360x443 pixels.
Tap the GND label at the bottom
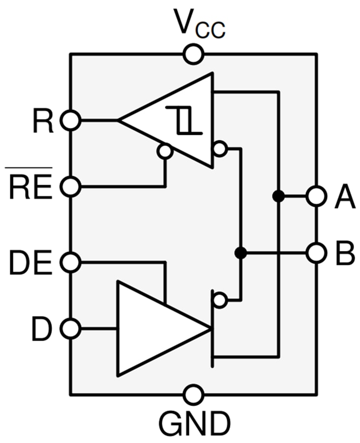point(194,422)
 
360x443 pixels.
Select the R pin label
point(43,120)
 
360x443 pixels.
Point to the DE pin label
point(30,263)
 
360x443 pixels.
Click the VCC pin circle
point(193,54)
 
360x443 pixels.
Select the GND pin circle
point(193,394)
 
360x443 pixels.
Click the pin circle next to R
point(71,120)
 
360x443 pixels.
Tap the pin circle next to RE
point(71,187)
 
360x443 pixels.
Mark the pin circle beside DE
point(71,262)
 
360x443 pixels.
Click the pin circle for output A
point(316,196)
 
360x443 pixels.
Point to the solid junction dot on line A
point(278,196)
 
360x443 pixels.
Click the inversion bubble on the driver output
point(220,299)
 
